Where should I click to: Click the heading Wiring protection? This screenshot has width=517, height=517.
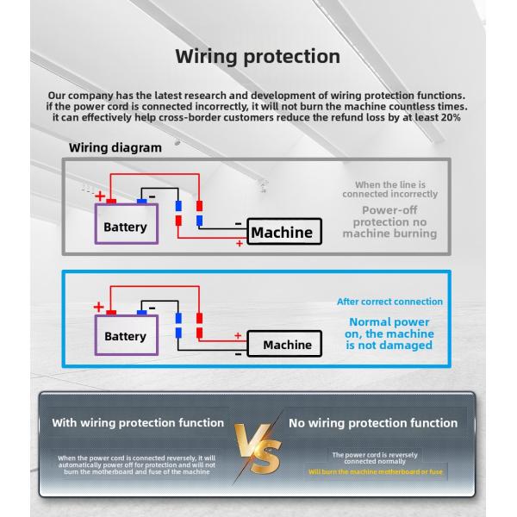point(258,57)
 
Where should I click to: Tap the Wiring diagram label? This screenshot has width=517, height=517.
point(115,147)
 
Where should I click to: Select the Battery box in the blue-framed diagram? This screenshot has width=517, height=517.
point(125,336)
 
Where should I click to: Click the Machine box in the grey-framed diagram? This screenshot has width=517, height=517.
point(281,232)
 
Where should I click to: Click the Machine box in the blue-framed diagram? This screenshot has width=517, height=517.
point(287,345)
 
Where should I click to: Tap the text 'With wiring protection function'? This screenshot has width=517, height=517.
point(138,423)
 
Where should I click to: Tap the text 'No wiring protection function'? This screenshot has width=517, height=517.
point(373,423)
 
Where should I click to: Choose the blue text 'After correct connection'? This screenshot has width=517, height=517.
point(389,302)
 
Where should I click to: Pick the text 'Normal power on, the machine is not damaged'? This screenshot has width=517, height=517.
point(389,333)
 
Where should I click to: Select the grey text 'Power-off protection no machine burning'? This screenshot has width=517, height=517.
point(389,221)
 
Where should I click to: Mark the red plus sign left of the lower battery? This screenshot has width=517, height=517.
point(97,307)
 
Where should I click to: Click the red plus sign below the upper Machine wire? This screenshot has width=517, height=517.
point(239,245)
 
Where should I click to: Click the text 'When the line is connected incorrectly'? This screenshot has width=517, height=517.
point(389,189)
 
